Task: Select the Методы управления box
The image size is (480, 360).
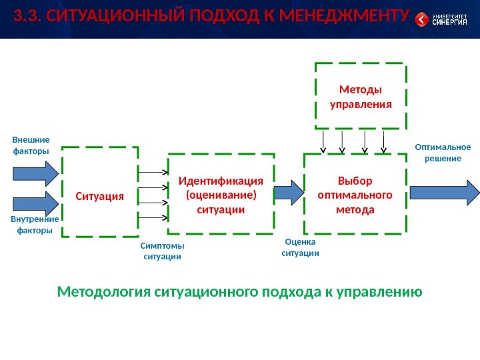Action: pos(360,97)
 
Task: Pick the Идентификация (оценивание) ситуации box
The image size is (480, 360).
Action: pos(221,195)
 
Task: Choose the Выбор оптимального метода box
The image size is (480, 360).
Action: pos(355,195)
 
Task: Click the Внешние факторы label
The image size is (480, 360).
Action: pos(31,146)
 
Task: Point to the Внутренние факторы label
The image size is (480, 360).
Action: pos(35,225)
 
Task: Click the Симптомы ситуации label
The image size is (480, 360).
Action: pos(162,251)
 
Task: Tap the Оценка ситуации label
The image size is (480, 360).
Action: pos(300,248)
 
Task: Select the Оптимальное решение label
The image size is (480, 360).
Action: pos(443,153)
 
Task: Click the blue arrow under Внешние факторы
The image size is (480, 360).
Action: pos(36,174)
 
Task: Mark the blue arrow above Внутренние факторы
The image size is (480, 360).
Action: pos(36,203)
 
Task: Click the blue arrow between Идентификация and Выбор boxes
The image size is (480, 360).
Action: pos(289,192)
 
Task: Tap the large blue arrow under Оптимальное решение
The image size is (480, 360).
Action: pos(444,192)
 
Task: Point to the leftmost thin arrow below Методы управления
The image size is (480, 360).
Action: pos(323,141)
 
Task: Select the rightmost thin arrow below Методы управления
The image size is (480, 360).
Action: pos(385,141)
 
